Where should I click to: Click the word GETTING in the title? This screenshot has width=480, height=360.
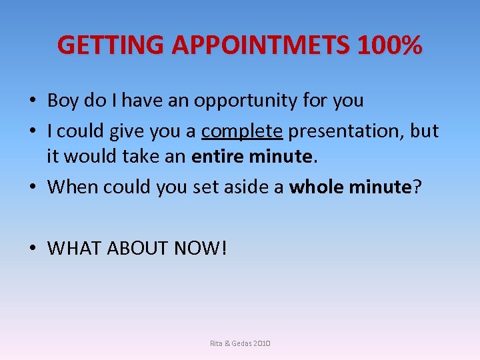[111, 45]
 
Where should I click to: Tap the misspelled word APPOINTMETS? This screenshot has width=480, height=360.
[261, 45]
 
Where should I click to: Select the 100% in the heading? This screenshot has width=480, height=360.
[390, 45]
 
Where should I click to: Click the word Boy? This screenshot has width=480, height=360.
[63, 101]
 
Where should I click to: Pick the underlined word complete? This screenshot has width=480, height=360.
[243, 131]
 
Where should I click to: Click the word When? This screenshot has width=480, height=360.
[71, 187]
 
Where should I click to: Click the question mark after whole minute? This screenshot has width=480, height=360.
[417, 187]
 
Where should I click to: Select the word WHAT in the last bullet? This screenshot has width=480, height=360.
[71, 249]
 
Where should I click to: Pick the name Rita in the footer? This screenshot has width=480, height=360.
[217, 343]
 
